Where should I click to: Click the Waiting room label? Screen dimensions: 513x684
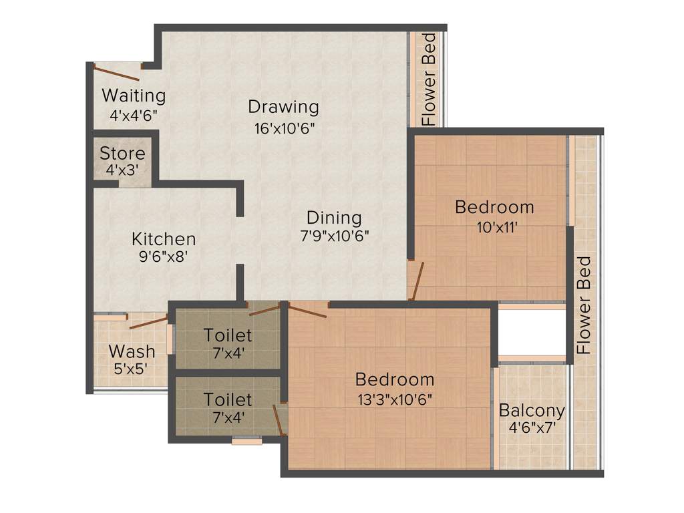134,96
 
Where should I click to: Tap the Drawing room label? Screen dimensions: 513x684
283,106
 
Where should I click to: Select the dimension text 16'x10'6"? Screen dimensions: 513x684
283,128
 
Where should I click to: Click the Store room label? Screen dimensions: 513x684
122,153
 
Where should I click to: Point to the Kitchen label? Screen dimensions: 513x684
164,238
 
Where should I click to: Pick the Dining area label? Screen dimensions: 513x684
334,218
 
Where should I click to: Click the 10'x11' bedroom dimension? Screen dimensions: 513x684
494,226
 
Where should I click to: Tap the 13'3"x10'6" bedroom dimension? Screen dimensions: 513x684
395,400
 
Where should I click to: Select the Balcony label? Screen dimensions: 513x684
532,410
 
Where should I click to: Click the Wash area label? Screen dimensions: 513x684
132,351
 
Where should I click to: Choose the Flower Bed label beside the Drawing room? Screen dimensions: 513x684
428,79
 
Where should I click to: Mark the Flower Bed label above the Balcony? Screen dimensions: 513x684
584,305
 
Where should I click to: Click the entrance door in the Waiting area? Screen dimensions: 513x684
116,71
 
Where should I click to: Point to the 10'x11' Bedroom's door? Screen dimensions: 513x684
417,281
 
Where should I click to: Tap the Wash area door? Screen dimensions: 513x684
148,323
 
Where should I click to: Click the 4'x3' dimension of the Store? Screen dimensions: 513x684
122,170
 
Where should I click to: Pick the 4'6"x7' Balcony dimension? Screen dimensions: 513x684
532,427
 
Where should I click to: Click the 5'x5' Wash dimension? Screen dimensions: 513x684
132,368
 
